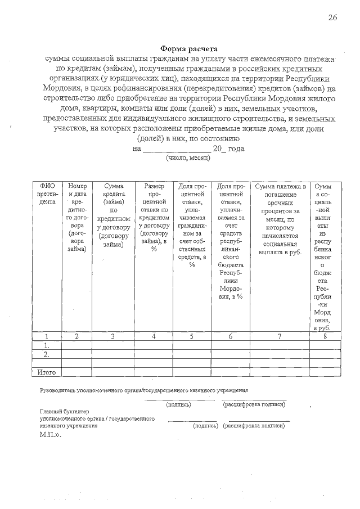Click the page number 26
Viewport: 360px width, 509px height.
click(332, 18)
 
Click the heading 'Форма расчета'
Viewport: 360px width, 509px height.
click(188, 49)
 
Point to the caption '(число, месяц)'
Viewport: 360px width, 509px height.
click(188, 158)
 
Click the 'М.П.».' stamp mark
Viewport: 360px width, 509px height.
click(49, 435)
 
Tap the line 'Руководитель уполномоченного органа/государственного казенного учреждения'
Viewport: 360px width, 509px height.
click(143, 390)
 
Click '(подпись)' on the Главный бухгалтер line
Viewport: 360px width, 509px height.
click(205, 426)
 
